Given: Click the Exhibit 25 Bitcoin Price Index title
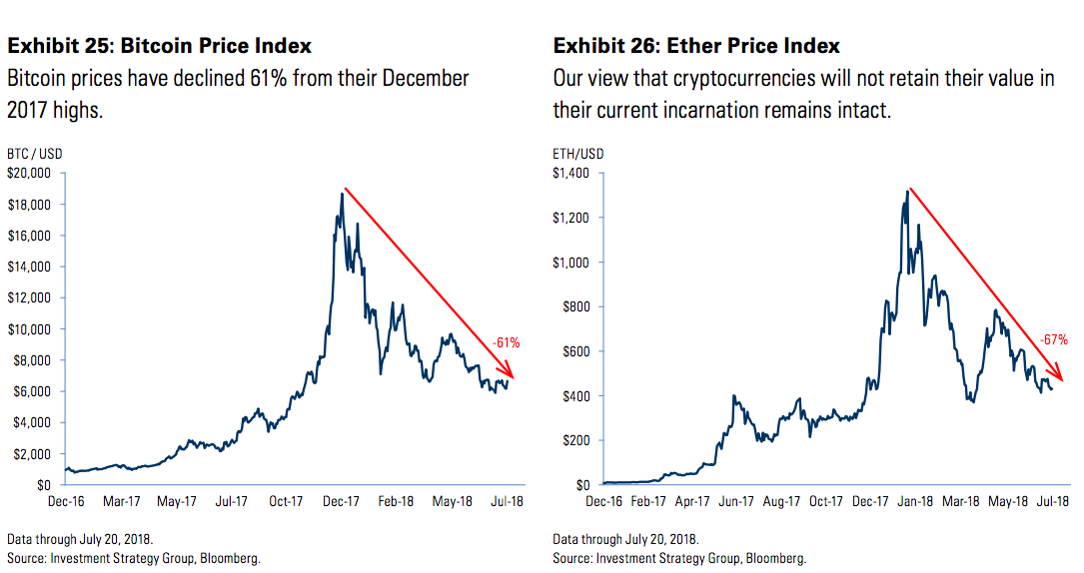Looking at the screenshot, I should click(160, 46).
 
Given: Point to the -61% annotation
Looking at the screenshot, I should click(506, 343).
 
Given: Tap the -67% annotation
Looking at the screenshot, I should click(1053, 340).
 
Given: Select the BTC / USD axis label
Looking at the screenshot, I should click(34, 154).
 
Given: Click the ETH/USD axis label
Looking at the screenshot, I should click(578, 154).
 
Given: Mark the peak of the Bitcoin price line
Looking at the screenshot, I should click(342, 193).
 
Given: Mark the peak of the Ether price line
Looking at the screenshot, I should click(907, 191).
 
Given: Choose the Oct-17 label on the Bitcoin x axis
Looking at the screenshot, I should click(287, 502).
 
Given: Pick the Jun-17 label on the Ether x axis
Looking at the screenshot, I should click(735, 502).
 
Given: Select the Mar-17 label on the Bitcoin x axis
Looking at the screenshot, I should click(122, 502).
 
